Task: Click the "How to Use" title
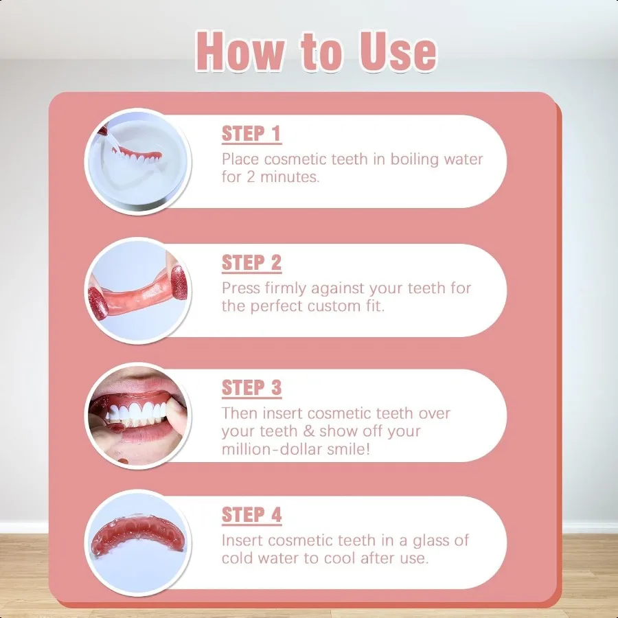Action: point(316,51)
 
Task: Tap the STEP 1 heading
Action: point(251,133)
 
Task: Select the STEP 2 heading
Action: point(251,262)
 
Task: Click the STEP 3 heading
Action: point(251,387)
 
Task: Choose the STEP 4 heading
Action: point(251,514)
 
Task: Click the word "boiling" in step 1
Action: point(415,159)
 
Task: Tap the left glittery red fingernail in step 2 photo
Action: point(98,302)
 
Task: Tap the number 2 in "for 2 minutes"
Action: point(251,177)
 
